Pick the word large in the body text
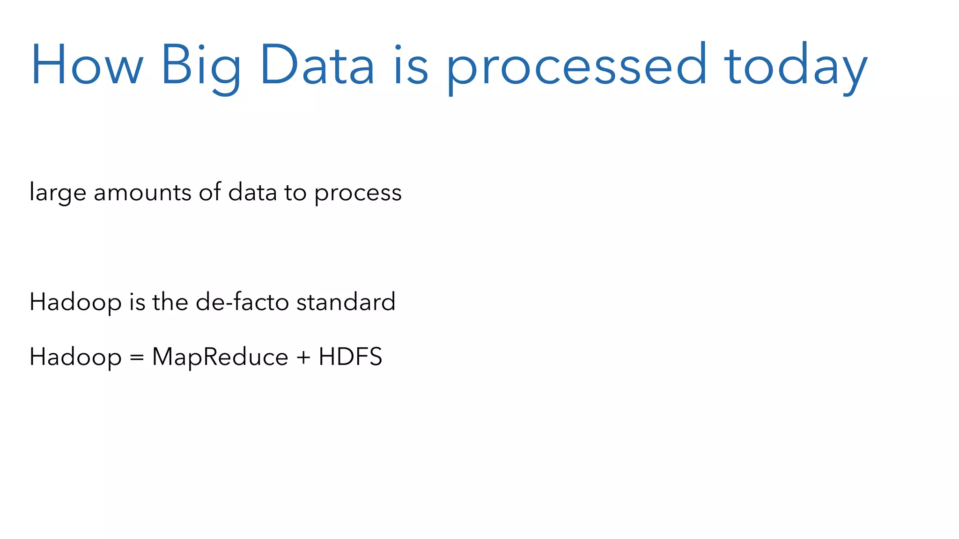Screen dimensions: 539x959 pyautogui.click(x=58, y=193)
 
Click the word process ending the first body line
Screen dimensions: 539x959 pyautogui.click(x=358, y=193)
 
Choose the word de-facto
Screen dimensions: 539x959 pyautogui.click(x=242, y=301)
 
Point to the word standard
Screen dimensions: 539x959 pyautogui.click(x=346, y=301)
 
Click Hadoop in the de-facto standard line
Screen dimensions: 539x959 pyautogui.click(x=75, y=302)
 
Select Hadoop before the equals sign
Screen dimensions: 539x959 pyautogui.click(x=75, y=357)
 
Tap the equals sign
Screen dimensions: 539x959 pyautogui.click(x=137, y=357)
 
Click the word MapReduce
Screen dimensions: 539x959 pyautogui.click(x=220, y=357)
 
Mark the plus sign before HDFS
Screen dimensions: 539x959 pyautogui.click(x=303, y=357)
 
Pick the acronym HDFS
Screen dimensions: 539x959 pyautogui.click(x=350, y=357)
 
